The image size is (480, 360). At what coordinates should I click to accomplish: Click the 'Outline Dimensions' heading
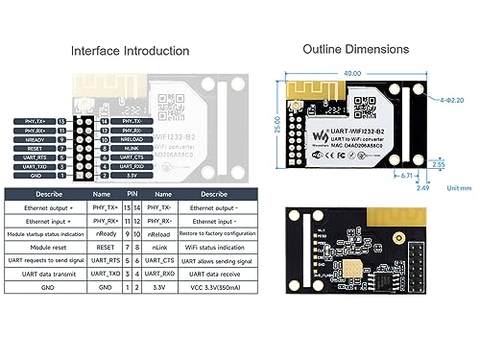coord(355,48)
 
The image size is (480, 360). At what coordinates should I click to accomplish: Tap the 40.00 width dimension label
coord(351,73)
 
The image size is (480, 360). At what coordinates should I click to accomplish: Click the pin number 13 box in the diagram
coord(62,122)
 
